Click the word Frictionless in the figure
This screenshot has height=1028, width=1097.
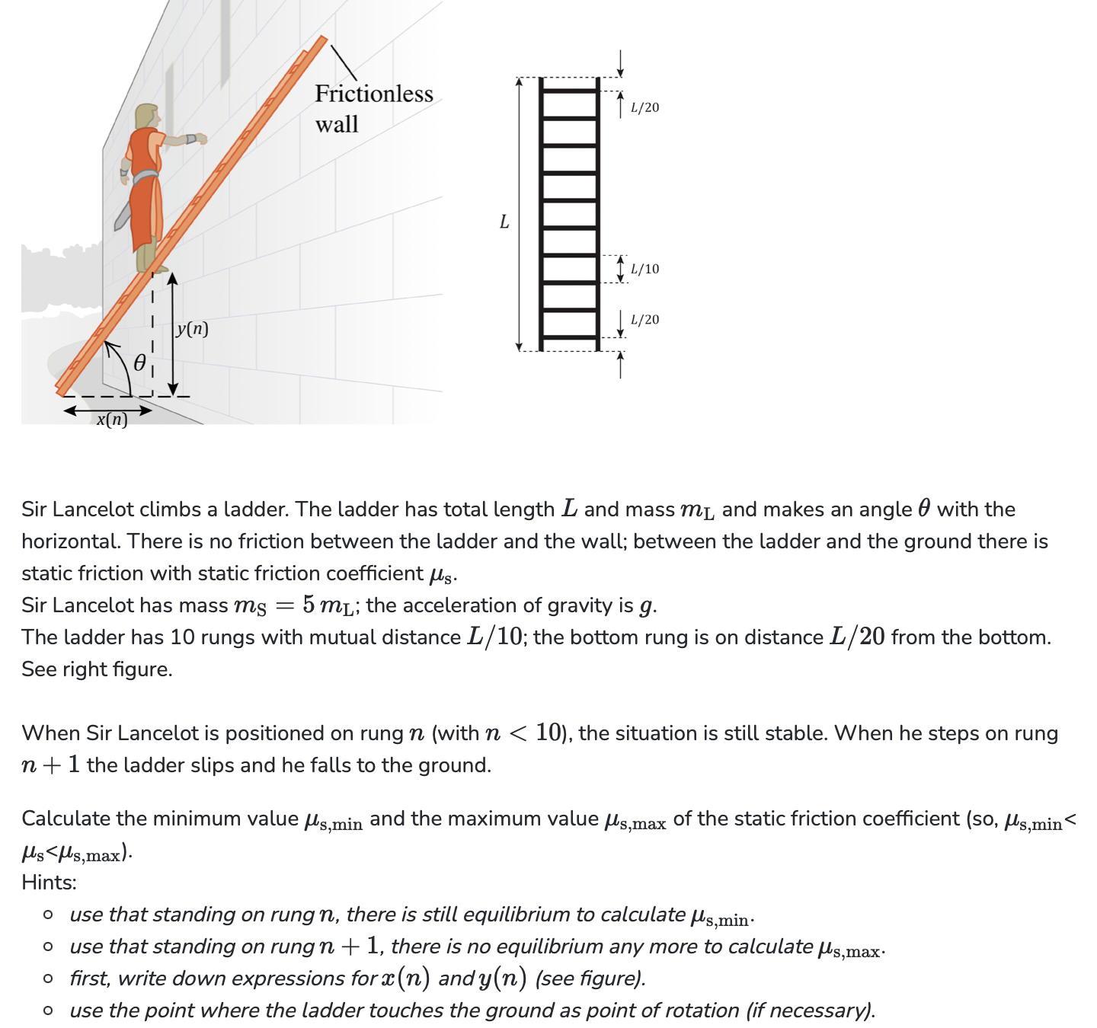click(374, 94)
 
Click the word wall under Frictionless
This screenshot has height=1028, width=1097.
click(337, 124)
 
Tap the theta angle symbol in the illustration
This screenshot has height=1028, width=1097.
click(139, 363)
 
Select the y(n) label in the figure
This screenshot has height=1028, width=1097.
click(192, 328)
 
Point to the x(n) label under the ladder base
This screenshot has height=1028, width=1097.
click(112, 420)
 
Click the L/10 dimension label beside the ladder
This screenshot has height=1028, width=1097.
click(644, 269)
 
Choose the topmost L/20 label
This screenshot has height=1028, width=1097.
click(644, 107)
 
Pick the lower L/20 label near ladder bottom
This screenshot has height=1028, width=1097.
click(644, 320)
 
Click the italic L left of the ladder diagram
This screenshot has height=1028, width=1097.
click(504, 222)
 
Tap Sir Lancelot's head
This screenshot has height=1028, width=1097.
click(147, 117)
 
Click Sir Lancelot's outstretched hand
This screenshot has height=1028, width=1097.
click(200, 139)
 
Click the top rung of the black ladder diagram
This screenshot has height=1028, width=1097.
click(569, 91)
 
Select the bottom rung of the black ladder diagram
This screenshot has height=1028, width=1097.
click(569, 337)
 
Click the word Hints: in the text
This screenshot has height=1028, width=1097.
click(49, 883)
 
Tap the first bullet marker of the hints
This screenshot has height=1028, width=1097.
click(48, 915)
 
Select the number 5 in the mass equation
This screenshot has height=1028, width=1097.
click(309, 605)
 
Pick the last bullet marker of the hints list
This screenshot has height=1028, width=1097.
click(48, 1010)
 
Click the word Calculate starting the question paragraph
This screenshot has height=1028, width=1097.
click(66, 819)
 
